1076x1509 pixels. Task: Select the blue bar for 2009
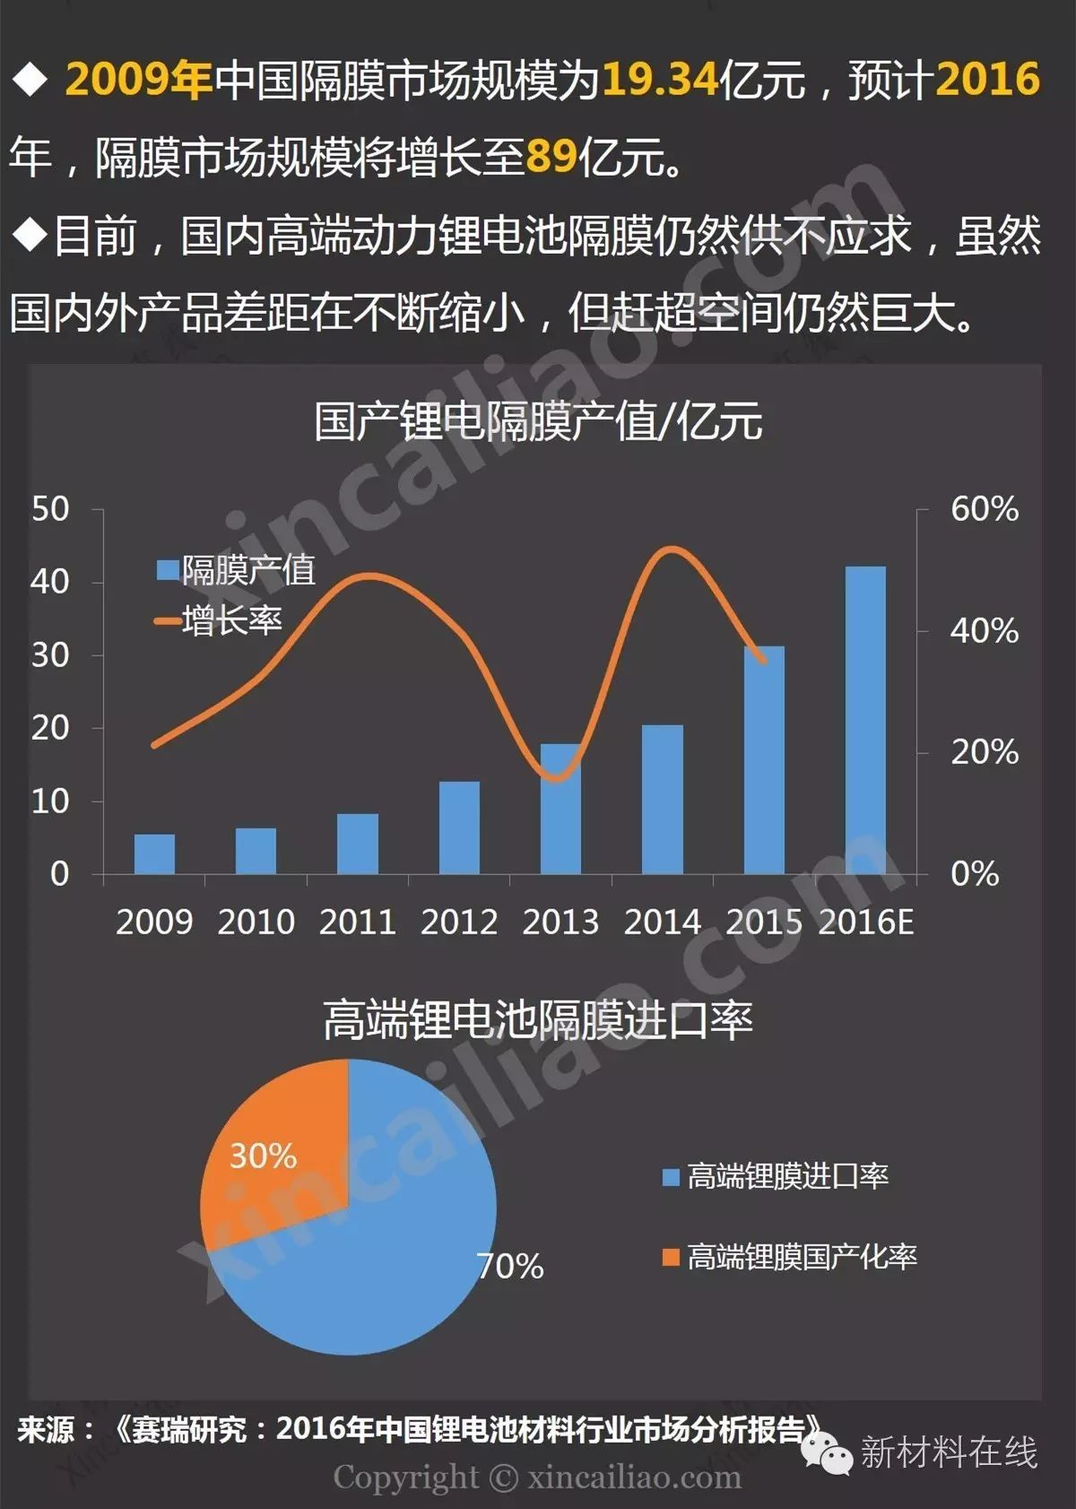154,854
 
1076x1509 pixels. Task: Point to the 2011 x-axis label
357,922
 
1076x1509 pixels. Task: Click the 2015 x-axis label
763,922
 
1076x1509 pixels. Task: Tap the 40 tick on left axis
50,582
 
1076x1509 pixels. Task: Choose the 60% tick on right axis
984,509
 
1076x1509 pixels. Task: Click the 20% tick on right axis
984,752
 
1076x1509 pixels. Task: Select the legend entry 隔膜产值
237,569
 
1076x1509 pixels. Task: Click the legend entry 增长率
221,620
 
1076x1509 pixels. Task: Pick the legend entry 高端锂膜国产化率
790,1256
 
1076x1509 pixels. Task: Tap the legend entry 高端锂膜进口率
776,1175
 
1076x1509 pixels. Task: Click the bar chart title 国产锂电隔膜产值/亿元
538,421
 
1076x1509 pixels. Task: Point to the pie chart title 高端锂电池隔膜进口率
538,1020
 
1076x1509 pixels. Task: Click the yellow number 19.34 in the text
660,79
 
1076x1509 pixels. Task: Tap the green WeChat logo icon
828,1451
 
